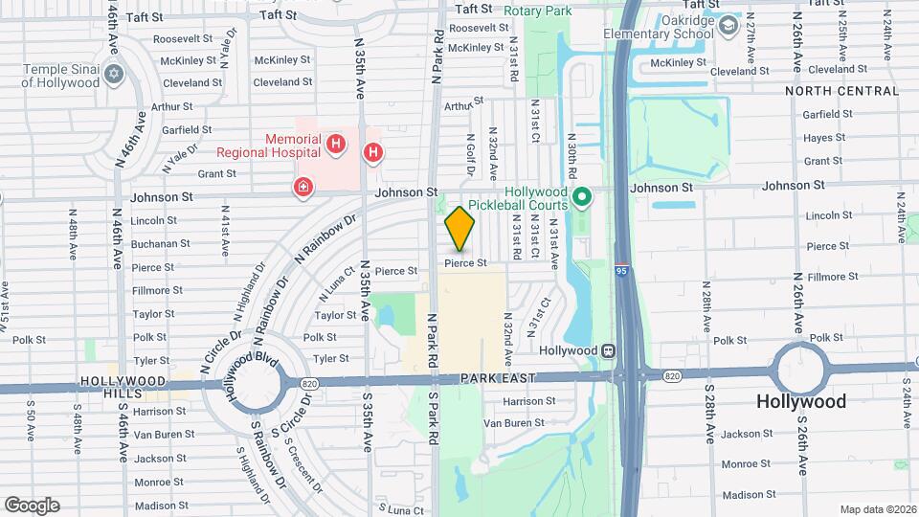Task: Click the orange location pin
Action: (x=460, y=228)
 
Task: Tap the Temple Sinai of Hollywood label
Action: (x=60, y=76)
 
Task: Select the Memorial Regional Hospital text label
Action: (x=268, y=145)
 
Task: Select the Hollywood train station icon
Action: (x=607, y=350)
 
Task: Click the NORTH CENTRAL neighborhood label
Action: (x=841, y=91)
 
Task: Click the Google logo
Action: (x=32, y=505)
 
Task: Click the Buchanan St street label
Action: (x=154, y=243)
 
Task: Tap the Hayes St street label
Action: (x=824, y=138)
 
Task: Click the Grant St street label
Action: (x=216, y=173)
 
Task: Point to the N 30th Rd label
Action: (x=571, y=156)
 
